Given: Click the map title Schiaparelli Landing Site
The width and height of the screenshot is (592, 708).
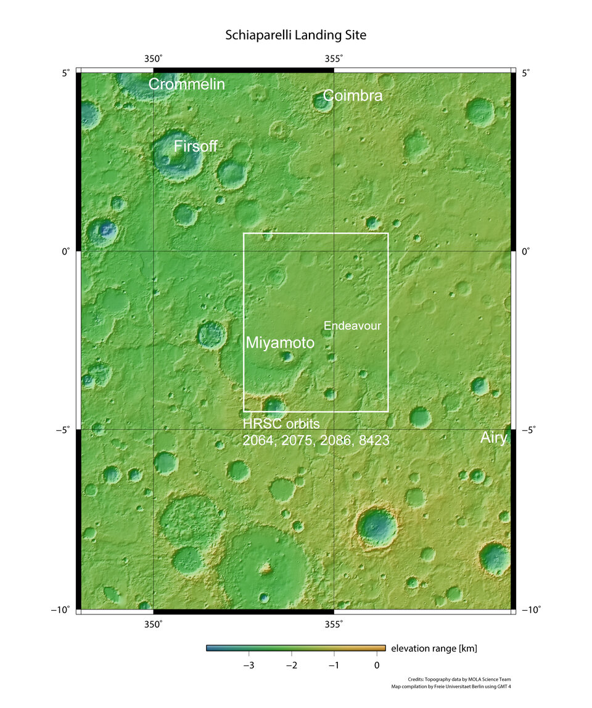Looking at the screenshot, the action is click(296, 35).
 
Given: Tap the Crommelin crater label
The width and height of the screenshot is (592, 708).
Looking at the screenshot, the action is click(187, 84).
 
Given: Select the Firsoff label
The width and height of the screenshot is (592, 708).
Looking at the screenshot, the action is click(195, 147).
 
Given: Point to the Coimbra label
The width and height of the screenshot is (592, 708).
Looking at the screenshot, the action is click(353, 96).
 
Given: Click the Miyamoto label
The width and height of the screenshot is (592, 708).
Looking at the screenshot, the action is click(280, 343).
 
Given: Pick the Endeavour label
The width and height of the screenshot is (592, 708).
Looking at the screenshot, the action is click(353, 326).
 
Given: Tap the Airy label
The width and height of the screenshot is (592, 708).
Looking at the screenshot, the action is click(494, 437).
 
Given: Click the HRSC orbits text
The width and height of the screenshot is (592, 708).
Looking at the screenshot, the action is click(281, 425).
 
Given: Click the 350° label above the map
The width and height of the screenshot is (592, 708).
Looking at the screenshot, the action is click(154, 59).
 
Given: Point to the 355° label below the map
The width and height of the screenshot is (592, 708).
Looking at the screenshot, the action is click(334, 624).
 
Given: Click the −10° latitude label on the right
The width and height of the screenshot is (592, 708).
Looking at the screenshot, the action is click(530, 610).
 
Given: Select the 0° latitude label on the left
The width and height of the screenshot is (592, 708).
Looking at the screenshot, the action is click(65, 251).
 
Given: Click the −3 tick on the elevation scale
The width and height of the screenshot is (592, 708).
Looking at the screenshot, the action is click(249, 665).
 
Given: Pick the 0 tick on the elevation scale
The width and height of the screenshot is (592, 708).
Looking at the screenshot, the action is click(377, 665).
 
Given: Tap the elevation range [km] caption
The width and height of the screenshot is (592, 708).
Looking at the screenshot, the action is click(434, 648).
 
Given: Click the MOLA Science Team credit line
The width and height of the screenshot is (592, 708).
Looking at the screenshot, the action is click(459, 679).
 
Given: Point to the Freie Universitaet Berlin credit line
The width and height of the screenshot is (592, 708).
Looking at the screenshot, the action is click(451, 686).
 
